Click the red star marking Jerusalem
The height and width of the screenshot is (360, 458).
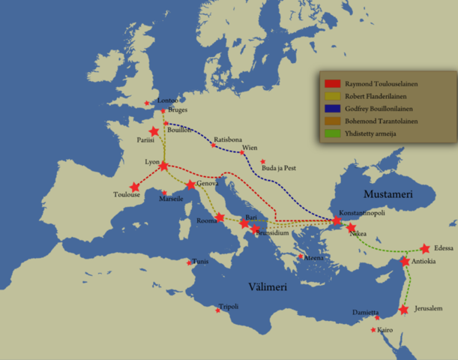(x=404, y=309)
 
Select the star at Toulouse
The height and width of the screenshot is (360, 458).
(x=135, y=187)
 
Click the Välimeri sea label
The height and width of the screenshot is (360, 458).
(x=271, y=286)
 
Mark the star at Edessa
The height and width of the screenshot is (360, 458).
(x=425, y=248)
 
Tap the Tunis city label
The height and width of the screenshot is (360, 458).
(x=200, y=262)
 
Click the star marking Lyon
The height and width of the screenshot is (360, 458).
(x=164, y=166)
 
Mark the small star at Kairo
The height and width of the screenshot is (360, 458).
(x=373, y=330)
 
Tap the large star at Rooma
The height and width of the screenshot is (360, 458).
(x=220, y=217)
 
